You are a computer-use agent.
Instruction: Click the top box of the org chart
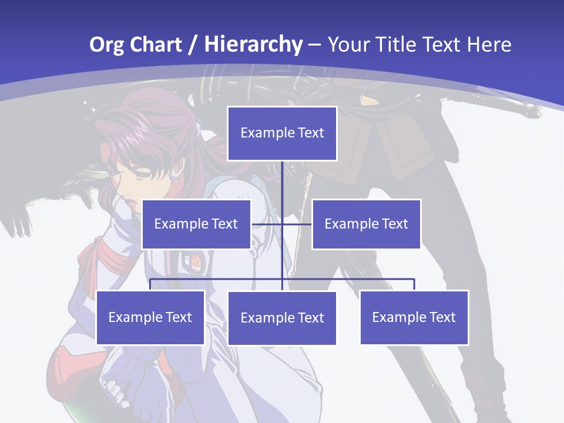point(282,133)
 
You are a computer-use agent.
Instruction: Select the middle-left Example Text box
point(196,224)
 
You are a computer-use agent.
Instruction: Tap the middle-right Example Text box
point(366,224)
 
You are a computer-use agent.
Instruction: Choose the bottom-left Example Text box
point(150,317)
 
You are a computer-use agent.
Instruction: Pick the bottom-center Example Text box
point(282,318)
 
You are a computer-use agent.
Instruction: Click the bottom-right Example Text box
point(414,317)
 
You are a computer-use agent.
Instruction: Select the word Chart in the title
point(155,45)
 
